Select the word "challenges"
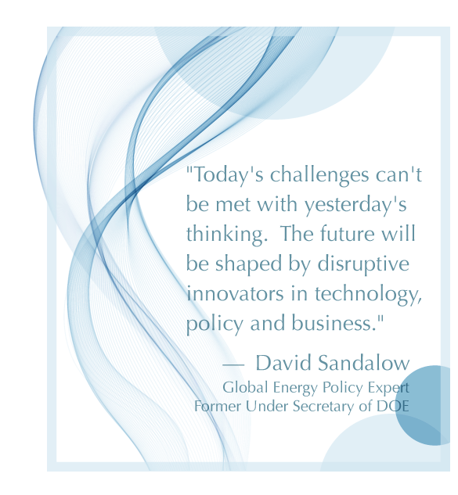[x=319, y=174]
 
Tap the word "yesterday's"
[x=355, y=205]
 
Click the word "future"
[x=347, y=234]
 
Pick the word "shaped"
[x=248, y=264]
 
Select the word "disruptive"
[x=363, y=264]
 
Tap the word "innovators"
[x=235, y=293]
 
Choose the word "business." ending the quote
[x=337, y=323]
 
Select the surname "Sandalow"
[x=363, y=363]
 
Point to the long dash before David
[x=233, y=365]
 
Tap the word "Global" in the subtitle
[x=245, y=387]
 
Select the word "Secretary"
[x=323, y=407]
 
